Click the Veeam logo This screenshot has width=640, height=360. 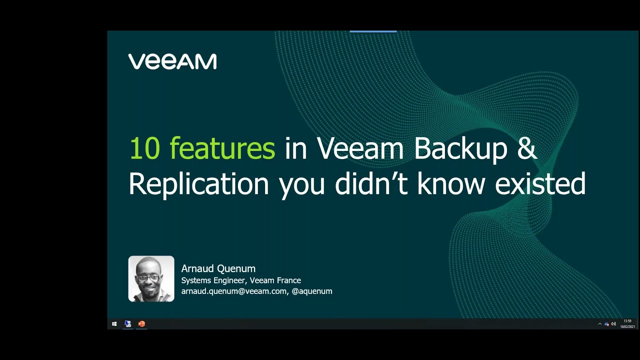[172, 61]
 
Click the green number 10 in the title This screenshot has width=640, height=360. [144, 148]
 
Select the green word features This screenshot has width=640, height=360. [222, 148]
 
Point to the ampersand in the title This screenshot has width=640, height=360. [527, 148]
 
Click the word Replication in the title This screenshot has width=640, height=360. [198, 184]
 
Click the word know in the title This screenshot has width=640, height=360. [451, 183]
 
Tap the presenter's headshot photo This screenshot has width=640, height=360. [151, 279]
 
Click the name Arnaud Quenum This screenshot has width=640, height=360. [218, 269]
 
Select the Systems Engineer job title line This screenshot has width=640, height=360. [241, 280]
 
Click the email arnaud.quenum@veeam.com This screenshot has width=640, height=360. [233, 291]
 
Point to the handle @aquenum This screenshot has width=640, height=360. [312, 291]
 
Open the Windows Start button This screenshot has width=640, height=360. [114, 324]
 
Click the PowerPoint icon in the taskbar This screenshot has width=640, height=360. [141, 324]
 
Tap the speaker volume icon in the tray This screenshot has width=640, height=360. [613, 324]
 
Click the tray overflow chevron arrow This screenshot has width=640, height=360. [599, 324]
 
